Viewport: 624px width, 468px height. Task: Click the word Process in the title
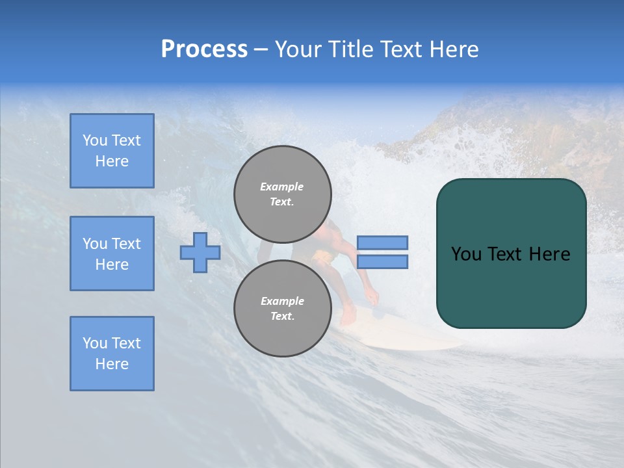tap(204, 49)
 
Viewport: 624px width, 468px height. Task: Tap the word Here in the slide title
tap(452, 49)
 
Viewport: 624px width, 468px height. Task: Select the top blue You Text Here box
tap(112, 151)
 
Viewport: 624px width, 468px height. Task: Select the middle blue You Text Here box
tap(112, 253)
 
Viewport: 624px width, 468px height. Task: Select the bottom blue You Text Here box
tap(112, 354)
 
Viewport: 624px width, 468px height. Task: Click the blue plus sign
tap(200, 252)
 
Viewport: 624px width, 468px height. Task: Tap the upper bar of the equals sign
tap(382, 242)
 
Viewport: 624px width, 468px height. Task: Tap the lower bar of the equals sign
tap(382, 262)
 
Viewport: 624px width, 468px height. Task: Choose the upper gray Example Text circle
tap(282, 194)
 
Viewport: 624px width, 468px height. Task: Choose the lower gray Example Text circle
tap(282, 308)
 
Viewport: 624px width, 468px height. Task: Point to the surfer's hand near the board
tap(372, 298)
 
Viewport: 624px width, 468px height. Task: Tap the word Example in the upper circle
tap(281, 187)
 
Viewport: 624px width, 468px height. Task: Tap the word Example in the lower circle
tap(282, 301)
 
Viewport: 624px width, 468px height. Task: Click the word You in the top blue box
tap(94, 140)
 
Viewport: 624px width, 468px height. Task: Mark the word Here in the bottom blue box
tap(112, 364)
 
